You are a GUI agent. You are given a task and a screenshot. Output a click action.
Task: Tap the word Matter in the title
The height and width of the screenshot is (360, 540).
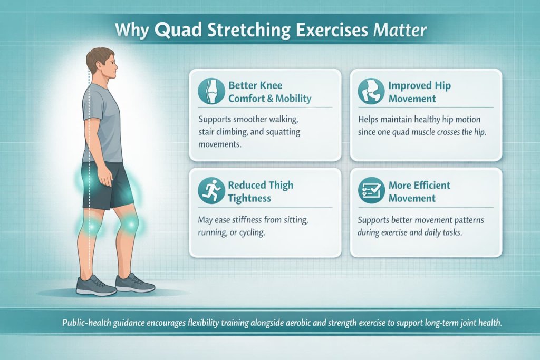pyautogui.click(x=400, y=31)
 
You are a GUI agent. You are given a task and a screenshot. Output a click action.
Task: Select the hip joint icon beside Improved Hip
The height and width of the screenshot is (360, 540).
pyautogui.click(x=371, y=91)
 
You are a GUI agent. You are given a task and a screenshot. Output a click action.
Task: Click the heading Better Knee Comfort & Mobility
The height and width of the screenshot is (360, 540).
pyautogui.click(x=269, y=92)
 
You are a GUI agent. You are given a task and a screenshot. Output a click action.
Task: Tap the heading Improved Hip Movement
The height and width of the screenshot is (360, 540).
pyautogui.click(x=419, y=92)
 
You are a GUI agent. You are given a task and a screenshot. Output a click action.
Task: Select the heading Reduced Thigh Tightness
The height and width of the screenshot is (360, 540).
pyautogui.click(x=261, y=191)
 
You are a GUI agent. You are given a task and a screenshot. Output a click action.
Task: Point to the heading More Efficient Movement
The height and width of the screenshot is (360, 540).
pyautogui.click(x=419, y=191)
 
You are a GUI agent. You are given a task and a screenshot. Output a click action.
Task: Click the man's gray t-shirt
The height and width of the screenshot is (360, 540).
pyautogui.click(x=102, y=124)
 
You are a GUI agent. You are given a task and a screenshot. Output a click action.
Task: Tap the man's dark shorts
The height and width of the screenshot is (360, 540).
pyautogui.click(x=108, y=184)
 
